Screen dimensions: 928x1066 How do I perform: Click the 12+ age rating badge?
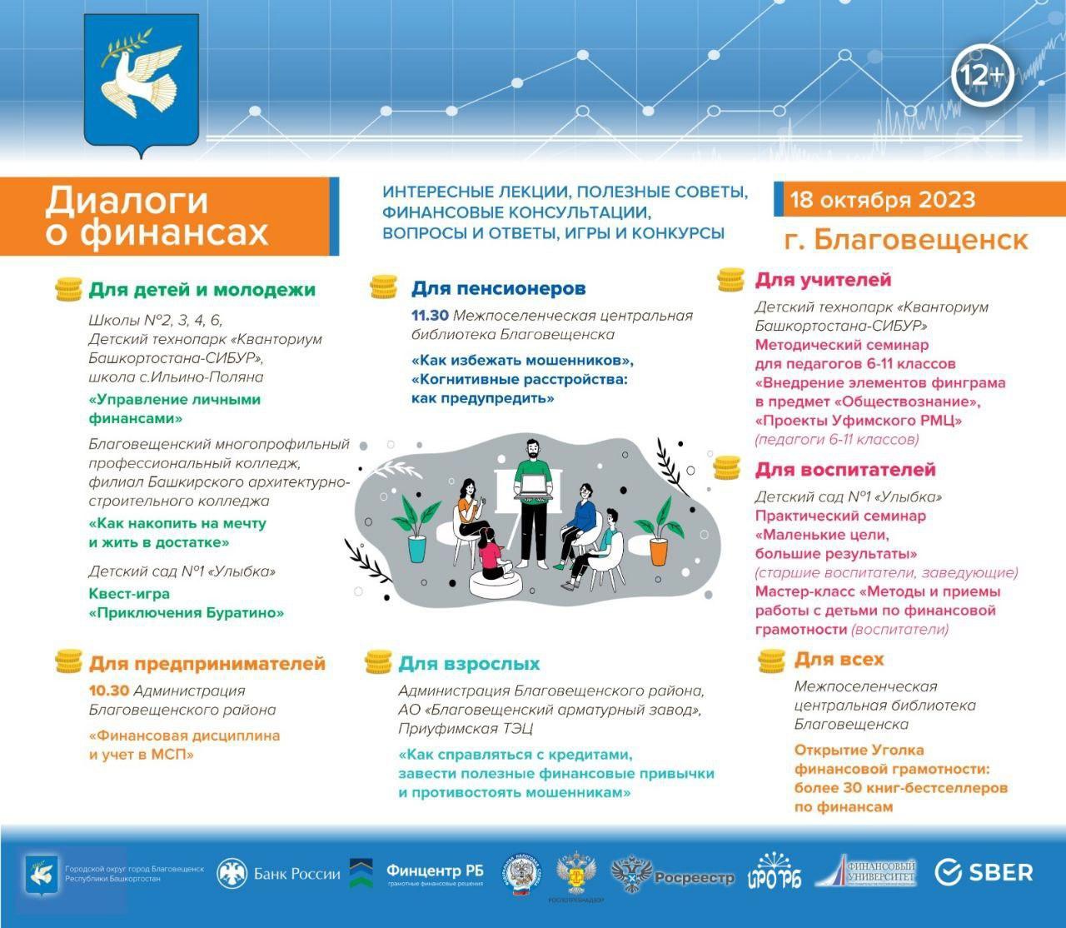coord(982,77)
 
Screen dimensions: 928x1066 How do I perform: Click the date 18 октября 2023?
coord(882,201)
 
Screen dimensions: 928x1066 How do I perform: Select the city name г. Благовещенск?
coord(906,239)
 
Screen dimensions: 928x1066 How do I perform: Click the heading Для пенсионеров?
coord(498,288)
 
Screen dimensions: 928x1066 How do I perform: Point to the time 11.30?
coord(430,316)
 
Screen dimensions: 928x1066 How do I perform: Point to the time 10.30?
coord(108,691)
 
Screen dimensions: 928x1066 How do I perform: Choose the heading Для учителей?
coord(823,280)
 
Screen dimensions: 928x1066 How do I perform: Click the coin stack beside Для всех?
coord(772,661)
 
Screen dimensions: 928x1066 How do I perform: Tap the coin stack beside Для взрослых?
coord(379,663)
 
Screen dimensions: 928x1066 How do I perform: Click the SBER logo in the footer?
coord(984,872)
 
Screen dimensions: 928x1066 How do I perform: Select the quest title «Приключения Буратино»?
coord(187,612)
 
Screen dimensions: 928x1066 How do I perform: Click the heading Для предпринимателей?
coord(207,664)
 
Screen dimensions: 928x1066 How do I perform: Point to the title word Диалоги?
coord(127,201)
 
